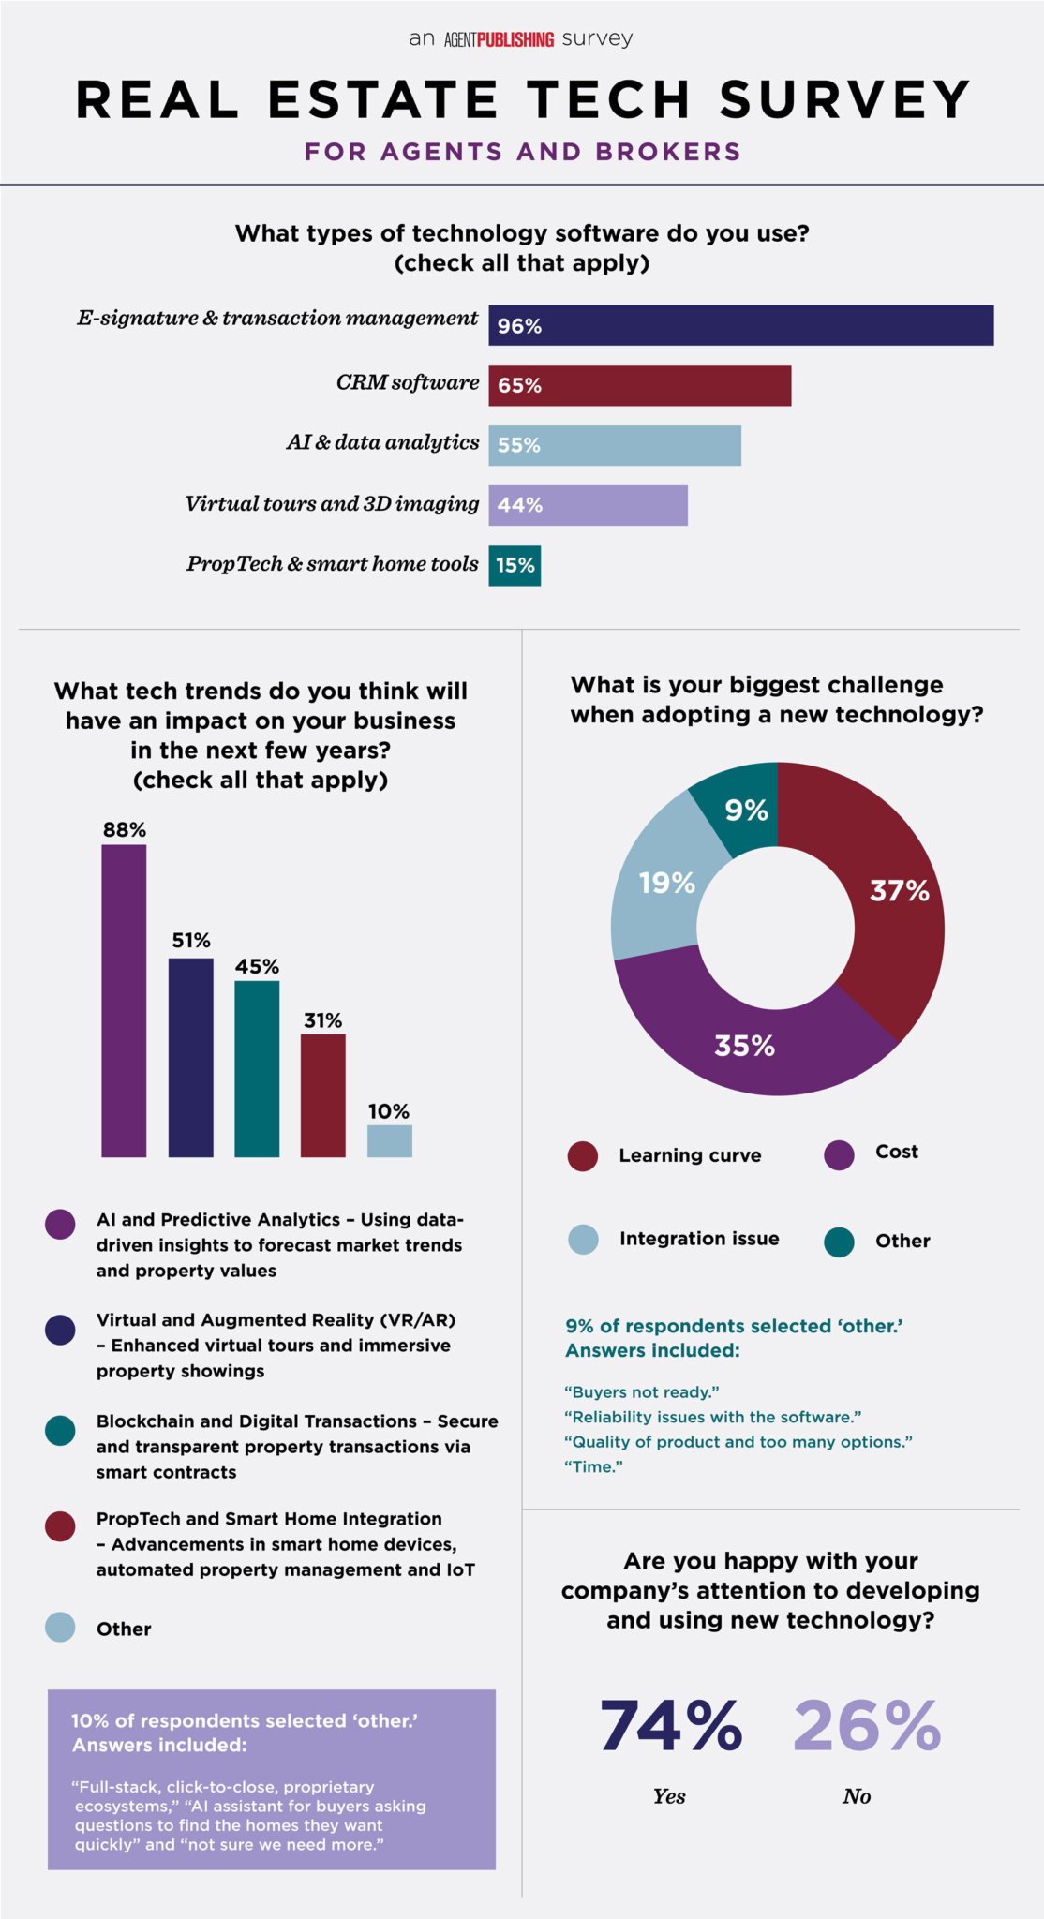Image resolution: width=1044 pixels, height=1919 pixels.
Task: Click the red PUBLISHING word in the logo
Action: coord(515,39)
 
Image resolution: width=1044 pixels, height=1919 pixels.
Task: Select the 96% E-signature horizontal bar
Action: coord(740,326)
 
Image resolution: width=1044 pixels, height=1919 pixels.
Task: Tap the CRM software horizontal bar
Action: coord(639,385)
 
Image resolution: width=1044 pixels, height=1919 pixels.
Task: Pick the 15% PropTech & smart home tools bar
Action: coord(515,566)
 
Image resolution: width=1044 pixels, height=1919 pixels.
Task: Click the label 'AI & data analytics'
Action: coord(382,442)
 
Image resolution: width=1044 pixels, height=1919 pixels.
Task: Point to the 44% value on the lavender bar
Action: coord(520,505)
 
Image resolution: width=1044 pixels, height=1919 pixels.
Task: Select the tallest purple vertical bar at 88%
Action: coord(124,1001)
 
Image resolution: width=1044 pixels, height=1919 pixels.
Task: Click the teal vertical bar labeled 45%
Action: coord(257,1068)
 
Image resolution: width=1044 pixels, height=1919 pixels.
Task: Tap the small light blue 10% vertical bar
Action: coord(389,1141)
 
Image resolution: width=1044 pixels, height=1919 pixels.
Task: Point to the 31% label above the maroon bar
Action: coord(322,1020)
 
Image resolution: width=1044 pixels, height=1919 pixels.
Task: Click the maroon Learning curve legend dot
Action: coord(583,1155)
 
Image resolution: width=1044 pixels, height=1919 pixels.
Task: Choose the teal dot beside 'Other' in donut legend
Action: coord(839,1242)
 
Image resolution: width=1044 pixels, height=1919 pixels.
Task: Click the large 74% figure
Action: coord(671,1726)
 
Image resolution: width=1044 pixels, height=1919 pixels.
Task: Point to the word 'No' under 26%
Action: coord(857,1796)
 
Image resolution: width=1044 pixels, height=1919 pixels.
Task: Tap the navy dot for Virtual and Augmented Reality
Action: coord(60,1331)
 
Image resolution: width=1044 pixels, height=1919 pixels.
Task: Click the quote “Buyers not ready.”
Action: coord(641,1392)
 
